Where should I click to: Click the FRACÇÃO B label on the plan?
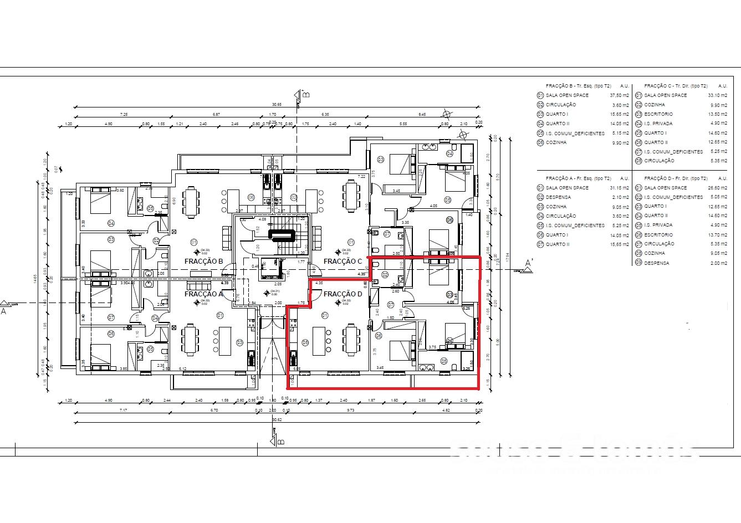204,261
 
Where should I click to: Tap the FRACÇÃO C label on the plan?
343,261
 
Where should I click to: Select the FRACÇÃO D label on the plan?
343,294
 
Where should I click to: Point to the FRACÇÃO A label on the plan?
204,294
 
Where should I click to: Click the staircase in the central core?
284,236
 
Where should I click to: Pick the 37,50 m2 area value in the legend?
619,95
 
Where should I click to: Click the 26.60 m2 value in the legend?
717,188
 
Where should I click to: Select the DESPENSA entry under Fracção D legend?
656,263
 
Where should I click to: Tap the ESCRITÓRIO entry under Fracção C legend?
658,114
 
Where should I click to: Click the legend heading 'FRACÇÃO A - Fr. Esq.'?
578,178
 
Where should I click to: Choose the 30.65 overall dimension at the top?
277,105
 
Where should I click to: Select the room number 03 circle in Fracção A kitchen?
239,342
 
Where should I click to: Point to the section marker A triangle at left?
6,304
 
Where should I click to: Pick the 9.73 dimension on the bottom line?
351,411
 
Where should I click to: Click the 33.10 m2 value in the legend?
717,95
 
